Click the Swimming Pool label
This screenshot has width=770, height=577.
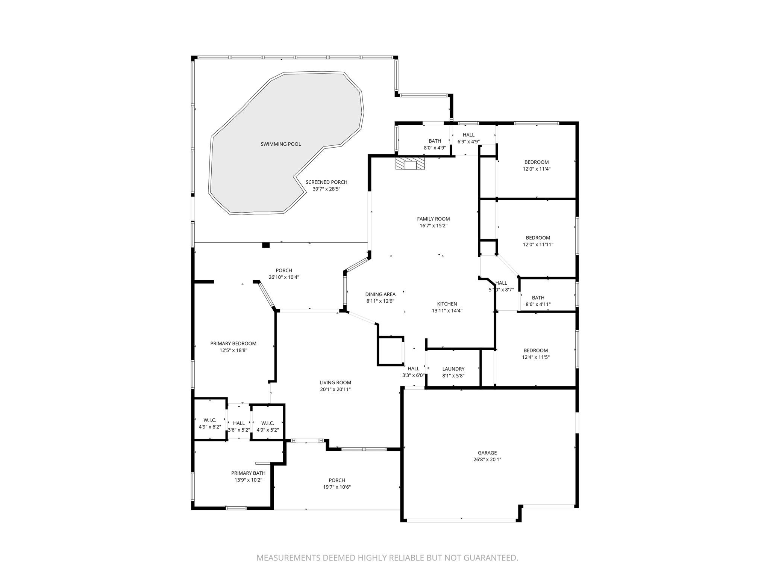[280, 144]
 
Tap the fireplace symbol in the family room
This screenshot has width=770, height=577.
[410, 164]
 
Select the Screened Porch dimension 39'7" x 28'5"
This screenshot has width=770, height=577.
[326, 189]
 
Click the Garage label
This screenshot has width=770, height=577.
[487, 453]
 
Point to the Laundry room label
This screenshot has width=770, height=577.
[453, 369]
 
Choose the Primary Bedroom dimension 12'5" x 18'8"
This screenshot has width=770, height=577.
[233, 350]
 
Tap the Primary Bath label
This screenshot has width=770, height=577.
[248, 473]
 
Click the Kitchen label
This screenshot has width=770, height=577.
[447, 304]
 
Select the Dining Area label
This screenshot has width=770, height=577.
[380, 294]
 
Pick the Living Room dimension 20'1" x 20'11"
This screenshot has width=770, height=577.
[335, 390]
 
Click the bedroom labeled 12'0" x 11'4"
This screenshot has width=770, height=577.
[537, 162]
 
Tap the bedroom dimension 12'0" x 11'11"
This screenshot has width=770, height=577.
[538, 245]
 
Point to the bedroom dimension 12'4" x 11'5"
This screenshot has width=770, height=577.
[536, 357]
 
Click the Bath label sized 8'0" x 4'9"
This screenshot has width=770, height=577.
[435, 141]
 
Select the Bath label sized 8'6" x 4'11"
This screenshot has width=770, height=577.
[538, 298]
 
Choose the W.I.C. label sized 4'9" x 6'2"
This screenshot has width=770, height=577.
[210, 420]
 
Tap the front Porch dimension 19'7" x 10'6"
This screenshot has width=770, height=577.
[337, 487]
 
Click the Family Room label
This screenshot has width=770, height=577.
[433, 219]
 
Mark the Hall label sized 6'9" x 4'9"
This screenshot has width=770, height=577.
[468, 135]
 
